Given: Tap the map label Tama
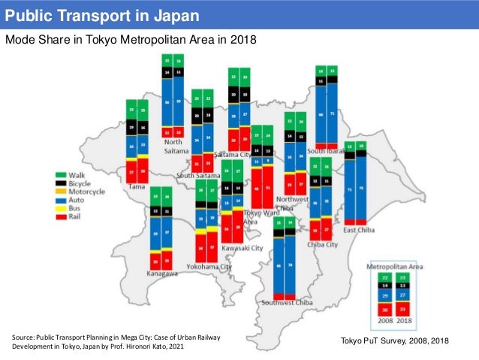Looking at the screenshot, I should (137, 186).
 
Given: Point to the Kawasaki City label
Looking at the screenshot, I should (242, 247).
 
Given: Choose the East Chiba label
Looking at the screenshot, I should (360, 230).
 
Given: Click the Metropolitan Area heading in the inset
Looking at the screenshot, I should (392, 267).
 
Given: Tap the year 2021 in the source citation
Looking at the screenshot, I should (173, 346).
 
